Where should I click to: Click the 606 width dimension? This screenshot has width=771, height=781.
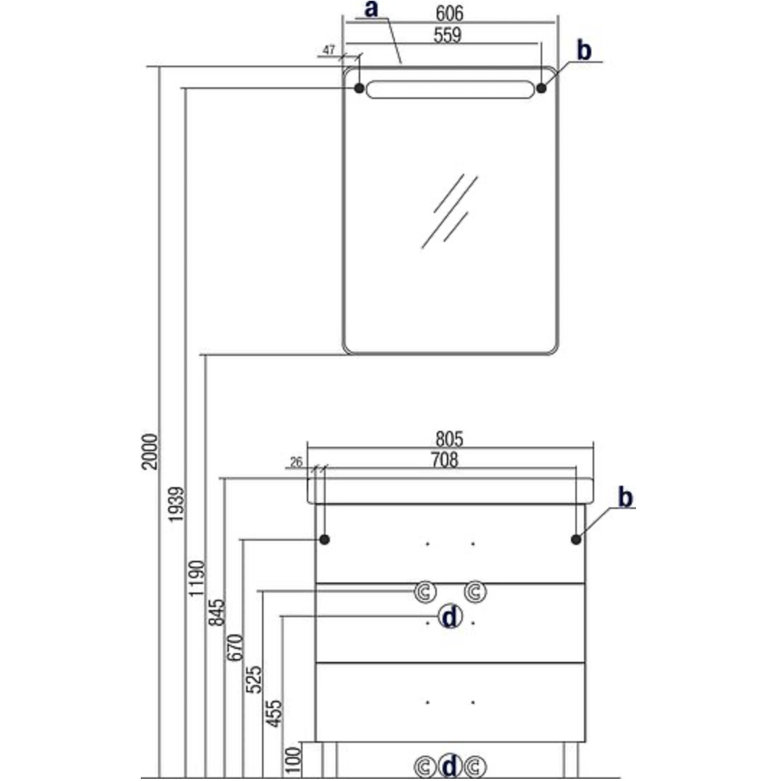450,14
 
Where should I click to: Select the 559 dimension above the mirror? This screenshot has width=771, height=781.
448,35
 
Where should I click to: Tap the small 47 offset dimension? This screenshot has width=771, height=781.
329,50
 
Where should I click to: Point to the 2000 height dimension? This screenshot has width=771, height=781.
149,451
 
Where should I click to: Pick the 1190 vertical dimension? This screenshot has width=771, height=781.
196,578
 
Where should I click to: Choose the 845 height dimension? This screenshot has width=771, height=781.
216,612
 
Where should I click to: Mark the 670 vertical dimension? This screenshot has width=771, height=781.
235,652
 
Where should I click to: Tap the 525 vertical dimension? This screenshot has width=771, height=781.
255,679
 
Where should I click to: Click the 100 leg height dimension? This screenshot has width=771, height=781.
292,760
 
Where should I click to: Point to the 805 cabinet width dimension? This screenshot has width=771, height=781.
449,437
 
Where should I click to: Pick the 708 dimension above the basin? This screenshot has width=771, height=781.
444,460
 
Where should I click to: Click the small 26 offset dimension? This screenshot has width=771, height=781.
295,463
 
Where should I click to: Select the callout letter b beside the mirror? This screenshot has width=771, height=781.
584,50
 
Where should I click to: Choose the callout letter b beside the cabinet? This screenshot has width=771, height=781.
625,497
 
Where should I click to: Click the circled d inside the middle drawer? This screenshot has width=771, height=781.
450,617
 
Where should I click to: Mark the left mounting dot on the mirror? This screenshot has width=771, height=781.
359,88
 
